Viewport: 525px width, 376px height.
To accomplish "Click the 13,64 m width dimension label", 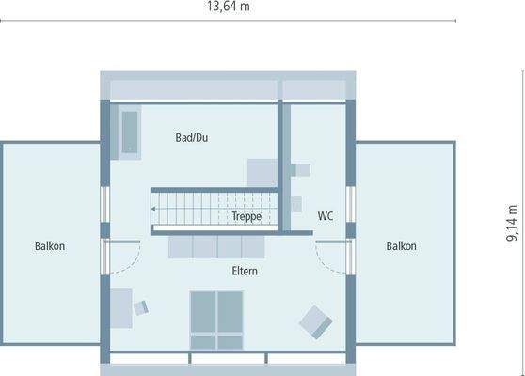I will [x=230, y=7].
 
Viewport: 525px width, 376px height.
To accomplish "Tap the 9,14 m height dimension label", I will [x=512, y=225].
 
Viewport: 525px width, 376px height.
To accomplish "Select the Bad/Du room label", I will [x=191, y=138].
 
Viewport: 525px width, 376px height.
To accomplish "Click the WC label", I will [x=326, y=215].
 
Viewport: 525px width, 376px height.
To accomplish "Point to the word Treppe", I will [x=247, y=216].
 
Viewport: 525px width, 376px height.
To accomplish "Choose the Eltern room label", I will [x=245, y=271].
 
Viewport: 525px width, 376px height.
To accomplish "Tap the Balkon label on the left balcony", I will [x=50, y=246].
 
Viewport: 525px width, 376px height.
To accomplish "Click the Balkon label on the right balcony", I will [x=401, y=246].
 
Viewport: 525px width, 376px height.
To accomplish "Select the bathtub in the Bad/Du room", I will [x=129, y=133].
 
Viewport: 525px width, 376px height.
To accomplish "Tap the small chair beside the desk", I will [x=141, y=306].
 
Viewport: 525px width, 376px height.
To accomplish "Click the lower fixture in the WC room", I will [x=295, y=203].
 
